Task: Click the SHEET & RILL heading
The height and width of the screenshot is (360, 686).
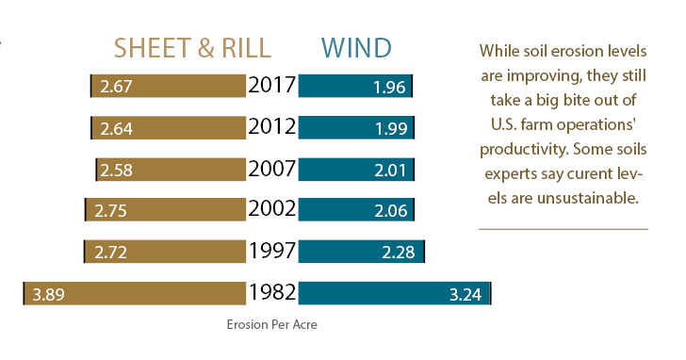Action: point(192,48)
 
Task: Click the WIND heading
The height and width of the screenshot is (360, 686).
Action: point(355,48)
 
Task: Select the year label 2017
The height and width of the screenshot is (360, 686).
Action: point(271,86)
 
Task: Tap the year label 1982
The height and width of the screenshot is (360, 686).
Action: point(271,292)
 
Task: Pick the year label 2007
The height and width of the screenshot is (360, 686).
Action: point(271,169)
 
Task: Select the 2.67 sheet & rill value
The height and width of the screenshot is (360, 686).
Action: point(115,87)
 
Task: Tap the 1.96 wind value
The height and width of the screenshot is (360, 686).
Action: point(389,88)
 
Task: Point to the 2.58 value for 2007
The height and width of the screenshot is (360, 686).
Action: point(117,170)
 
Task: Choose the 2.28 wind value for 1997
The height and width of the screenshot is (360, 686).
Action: point(401,253)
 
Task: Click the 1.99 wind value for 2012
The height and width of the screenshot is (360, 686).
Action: point(390,128)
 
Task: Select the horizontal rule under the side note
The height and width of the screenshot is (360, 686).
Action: point(563,229)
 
